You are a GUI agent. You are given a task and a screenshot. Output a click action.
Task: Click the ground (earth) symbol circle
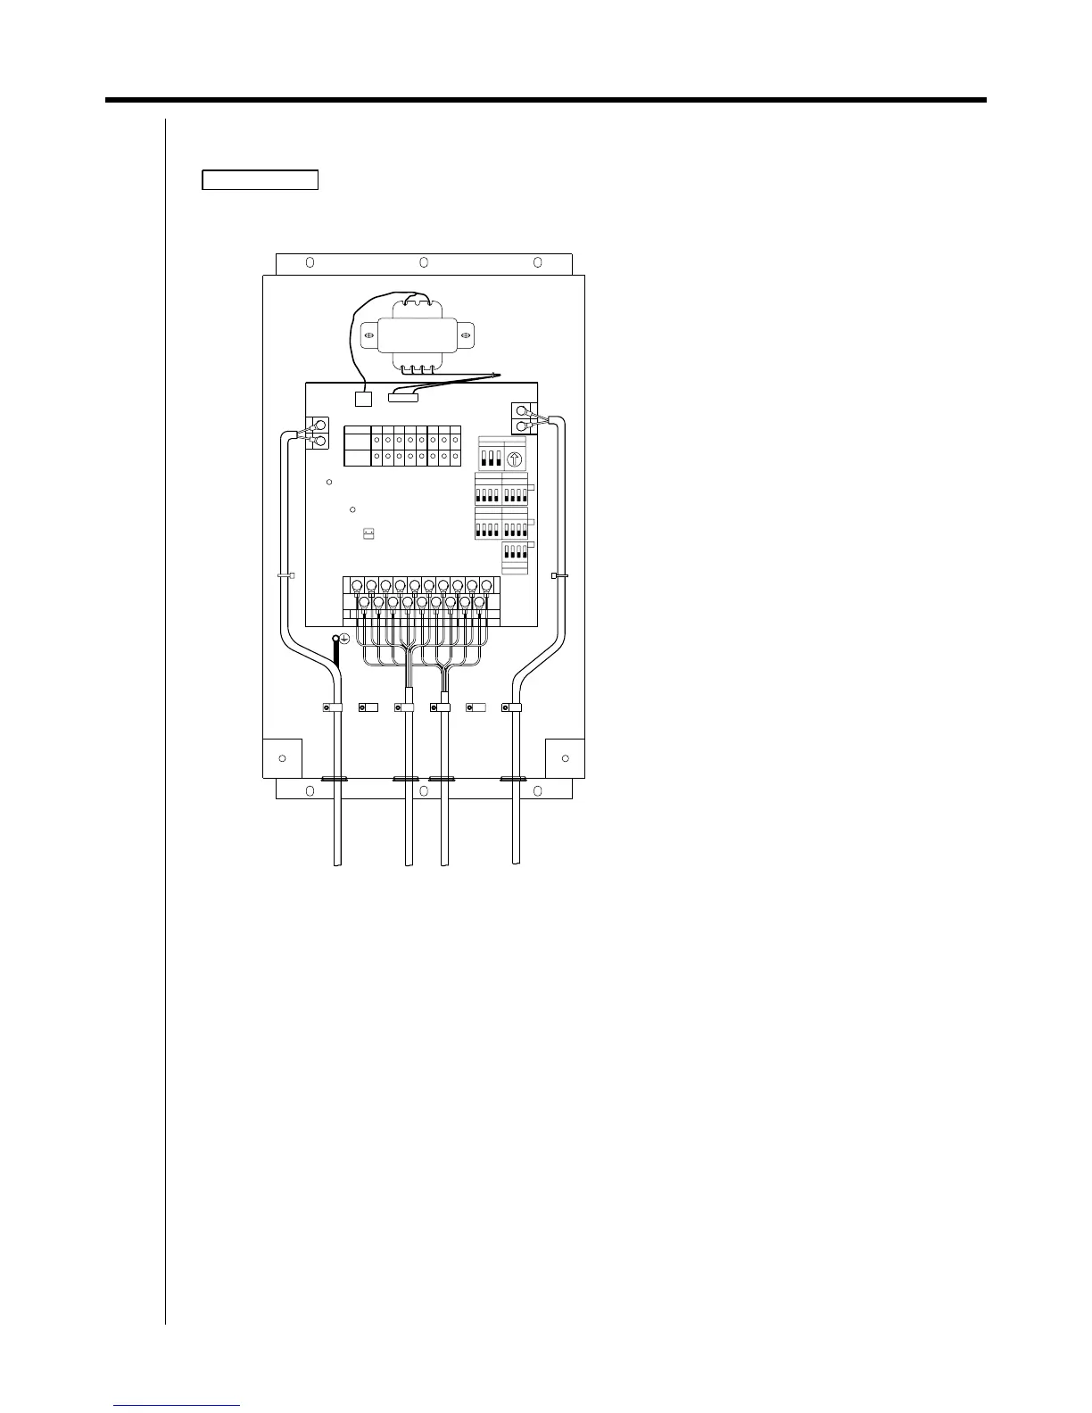tap(344, 639)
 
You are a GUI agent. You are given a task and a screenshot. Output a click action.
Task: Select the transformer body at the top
tap(418, 338)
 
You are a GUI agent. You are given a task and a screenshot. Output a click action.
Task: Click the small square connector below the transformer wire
tap(363, 399)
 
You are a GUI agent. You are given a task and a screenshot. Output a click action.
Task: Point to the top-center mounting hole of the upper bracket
tap(424, 262)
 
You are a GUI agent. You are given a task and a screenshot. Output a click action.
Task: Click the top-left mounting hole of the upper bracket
tap(310, 262)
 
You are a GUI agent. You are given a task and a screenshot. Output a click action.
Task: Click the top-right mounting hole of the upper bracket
tap(538, 262)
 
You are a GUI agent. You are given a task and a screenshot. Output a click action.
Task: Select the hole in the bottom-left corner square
tap(282, 758)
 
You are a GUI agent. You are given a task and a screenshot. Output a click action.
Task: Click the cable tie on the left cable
tap(285, 576)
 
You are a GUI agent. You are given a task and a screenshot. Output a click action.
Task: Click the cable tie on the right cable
tap(560, 576)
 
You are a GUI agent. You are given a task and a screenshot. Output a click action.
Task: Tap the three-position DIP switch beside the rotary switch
tap(492, 459)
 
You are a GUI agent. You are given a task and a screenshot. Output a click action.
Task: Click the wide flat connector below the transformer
tap(403, 396)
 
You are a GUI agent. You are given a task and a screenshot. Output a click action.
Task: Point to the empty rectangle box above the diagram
tap(260, 179)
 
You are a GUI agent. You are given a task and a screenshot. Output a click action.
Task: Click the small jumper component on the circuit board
tap(368, 533)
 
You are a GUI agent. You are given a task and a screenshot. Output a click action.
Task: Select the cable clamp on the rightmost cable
tap(512, 707)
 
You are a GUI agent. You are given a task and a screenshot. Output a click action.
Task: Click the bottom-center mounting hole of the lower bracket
tap(424, 790)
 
